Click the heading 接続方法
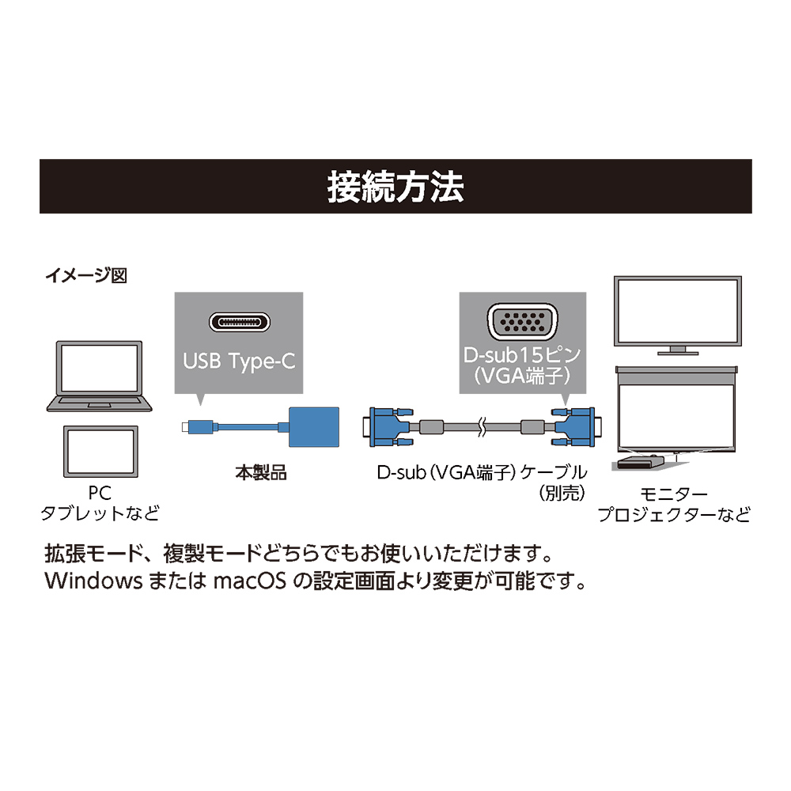pos(395,187)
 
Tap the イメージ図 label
pos(86,276)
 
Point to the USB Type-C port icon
pos(239,324)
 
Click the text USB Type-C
pos(239,361)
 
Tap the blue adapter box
pos(314,428)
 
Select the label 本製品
pos(261,475)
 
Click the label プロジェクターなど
pos(673,516)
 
